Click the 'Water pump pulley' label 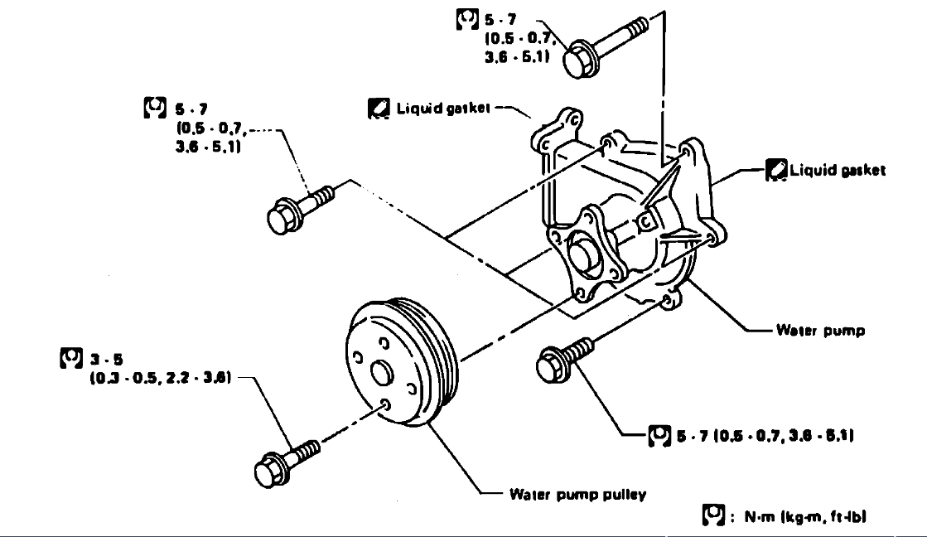(x=577, y=495)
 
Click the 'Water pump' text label (x=820, y=331)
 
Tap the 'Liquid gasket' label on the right (x=837, y=170)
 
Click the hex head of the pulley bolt (x=271, y=471)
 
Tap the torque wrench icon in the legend (x=709, y=516)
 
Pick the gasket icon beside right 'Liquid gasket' (x=775, y=170)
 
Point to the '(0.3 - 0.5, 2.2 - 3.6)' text (x=159, y=378)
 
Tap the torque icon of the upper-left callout (x=154, y=108)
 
